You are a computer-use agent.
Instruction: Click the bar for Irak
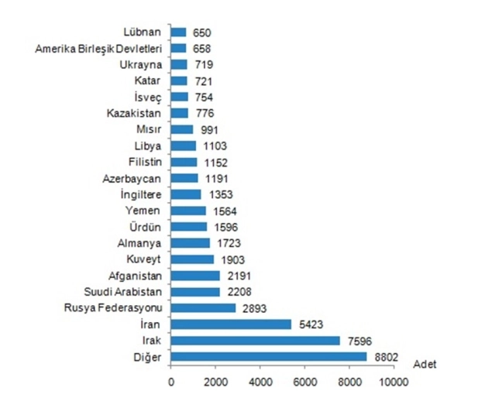point(255,340)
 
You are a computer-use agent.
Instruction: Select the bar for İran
point(231,324)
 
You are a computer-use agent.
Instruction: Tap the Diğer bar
point(268,356)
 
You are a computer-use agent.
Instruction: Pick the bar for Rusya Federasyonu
point(203,307)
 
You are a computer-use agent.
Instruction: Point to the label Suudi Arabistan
point(124,292)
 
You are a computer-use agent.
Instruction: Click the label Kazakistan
point(134,113)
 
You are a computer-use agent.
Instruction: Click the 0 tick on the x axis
point(171,382)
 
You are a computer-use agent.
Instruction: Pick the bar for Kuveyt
point(192,259)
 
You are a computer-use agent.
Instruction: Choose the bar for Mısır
point(182,129)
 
